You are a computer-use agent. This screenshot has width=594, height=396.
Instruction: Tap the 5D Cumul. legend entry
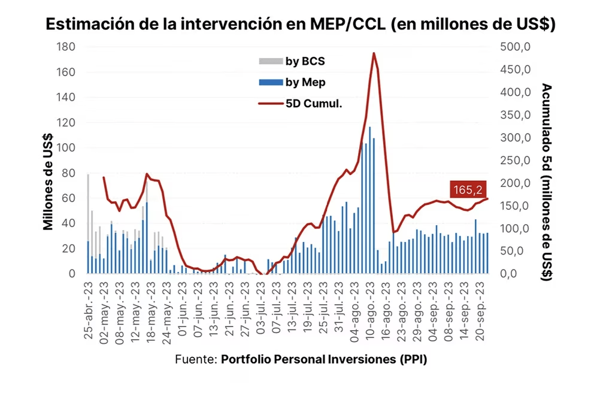pyautogui.click(x=299, y=103)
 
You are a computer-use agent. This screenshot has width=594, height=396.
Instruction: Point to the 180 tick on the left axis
pyautogui.click(x=65, y=47)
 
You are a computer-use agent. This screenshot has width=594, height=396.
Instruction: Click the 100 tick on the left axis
pyautogui.click(x=65, y=148)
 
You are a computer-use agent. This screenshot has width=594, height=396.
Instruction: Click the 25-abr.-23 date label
pyautogui.click(x=89, y=309)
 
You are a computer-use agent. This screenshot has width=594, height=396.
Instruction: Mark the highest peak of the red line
pyautogui.click(x=374, y=53)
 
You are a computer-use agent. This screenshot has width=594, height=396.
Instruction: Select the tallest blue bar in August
pyautogui.click(x=369, y=200)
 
